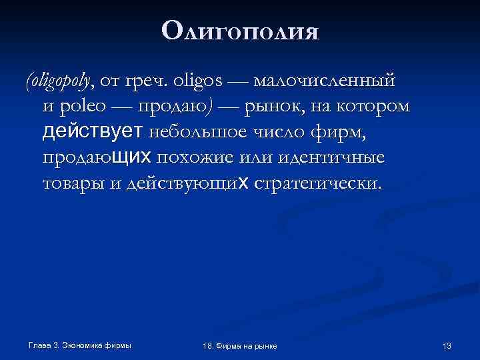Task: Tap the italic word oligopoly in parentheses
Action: (x=59, y=82)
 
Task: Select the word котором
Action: (x=379, y=107)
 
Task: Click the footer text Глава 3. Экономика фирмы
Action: (x=79, y=345)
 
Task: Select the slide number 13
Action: (x=447, y=345)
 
